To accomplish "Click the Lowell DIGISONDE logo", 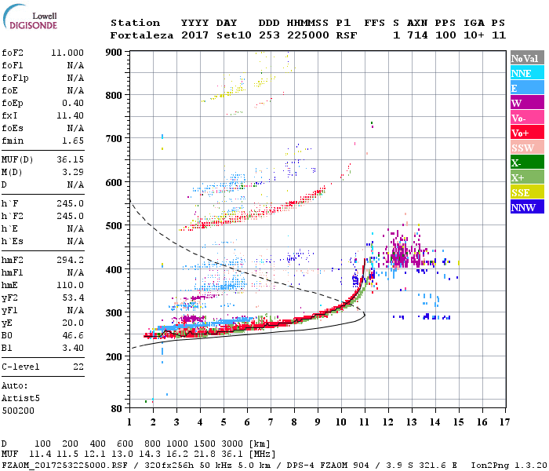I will coord(28,20).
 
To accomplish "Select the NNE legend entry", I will coord(527,73).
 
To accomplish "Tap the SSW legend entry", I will coord(527,148).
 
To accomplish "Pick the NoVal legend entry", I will coord(527,58).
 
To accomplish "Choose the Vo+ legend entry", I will coord(527,133).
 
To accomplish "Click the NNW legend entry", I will coord(527,207).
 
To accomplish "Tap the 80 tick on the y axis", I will coord(117,409).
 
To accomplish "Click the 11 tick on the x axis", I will coord(364,422).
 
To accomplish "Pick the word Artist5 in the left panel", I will coord(20,397).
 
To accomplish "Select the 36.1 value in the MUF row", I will coord(239,453).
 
